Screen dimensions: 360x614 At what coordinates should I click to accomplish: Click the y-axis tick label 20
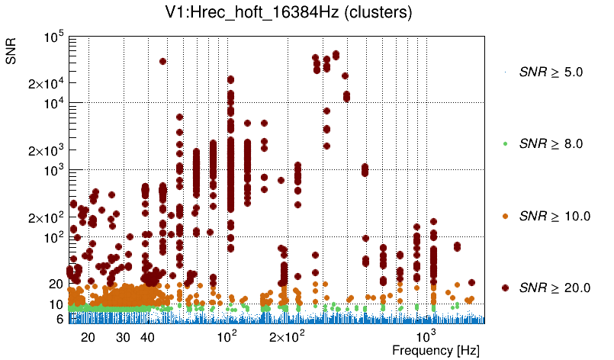[55, 284]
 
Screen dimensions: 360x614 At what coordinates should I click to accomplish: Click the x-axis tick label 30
[123, 336]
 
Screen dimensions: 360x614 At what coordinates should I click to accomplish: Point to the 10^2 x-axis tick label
[227, 336]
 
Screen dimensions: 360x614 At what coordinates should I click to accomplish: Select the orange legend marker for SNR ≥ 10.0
[506, 216]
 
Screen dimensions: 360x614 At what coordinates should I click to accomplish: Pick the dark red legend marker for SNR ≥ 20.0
[506, 288]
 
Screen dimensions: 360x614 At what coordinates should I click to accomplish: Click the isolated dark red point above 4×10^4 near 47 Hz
[162, 62]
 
